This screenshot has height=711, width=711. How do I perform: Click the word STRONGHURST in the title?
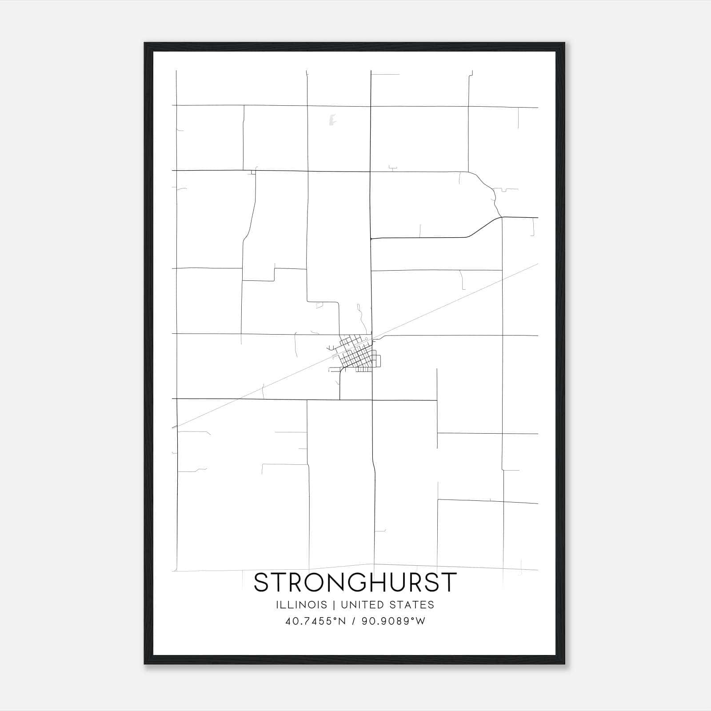point(355,583)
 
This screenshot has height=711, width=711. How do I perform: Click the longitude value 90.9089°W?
point(394,621)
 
